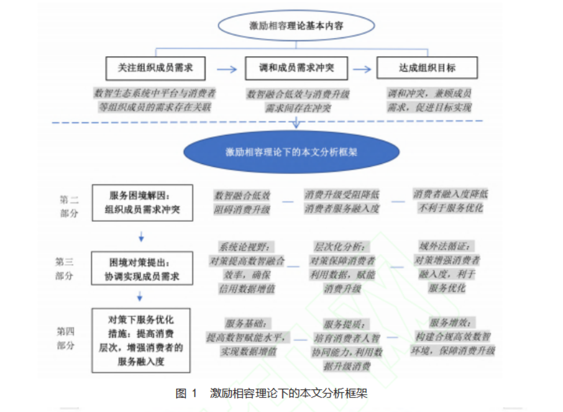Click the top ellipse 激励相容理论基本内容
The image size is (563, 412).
[x=297, y=25]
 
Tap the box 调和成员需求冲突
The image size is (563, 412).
[x=296, y=68]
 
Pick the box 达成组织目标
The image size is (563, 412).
[x=427, y=68]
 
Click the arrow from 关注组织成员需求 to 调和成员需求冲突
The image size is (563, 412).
[x=227, y=69]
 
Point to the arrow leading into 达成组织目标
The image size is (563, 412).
[x=362, y=69]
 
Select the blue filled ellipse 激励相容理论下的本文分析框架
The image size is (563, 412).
[x=291, y=153]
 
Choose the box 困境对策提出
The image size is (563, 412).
[x=142, y=268]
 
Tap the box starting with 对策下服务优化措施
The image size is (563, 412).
[x=142, y=340]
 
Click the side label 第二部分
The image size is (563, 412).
[x=69, y=206]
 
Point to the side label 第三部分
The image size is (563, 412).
[x=65, y=269]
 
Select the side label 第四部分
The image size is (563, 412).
[x=65, y=338]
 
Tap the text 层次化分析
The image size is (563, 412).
[x=342, y=246]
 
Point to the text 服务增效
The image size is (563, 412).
[x=452, y=323]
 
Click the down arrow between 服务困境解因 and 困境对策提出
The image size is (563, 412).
[x=141, y=237]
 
